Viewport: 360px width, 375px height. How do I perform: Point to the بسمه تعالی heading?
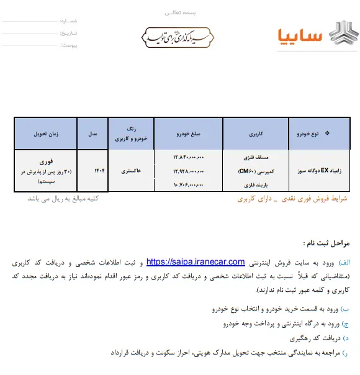[x=180, y=12]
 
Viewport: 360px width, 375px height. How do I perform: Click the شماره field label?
[x=70, y=20]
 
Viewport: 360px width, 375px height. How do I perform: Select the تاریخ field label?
[x=70, y=33]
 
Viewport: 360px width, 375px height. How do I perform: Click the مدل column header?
[x=92, y=133]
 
